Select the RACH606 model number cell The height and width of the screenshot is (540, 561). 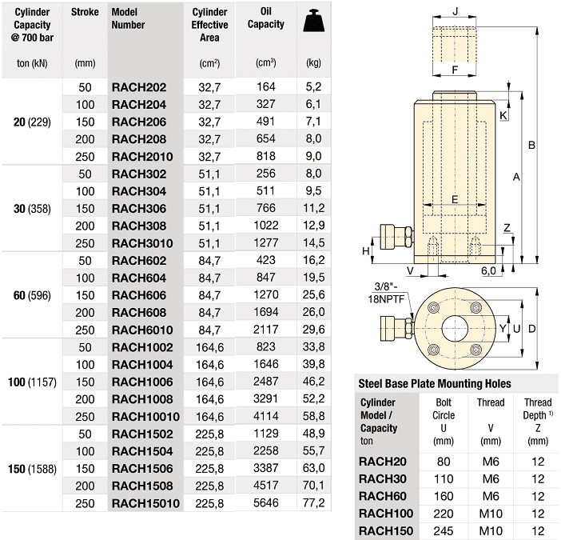[x=139, y=295]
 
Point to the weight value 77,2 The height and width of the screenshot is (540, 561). [x=314, y=504]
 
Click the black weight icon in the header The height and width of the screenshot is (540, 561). [x=314, y=22]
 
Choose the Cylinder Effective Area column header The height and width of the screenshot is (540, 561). [x=210, y=25]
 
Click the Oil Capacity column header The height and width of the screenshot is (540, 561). [x=272, y=18]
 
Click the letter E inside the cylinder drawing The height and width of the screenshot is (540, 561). [x=454, y=199]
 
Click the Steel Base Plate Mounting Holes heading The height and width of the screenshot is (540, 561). [x=435, y=384]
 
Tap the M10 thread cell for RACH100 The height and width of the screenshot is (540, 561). [x=490, y=512]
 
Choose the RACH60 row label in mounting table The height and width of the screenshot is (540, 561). [x=382, y=495]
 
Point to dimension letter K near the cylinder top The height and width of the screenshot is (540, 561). [x=503, y=116]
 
